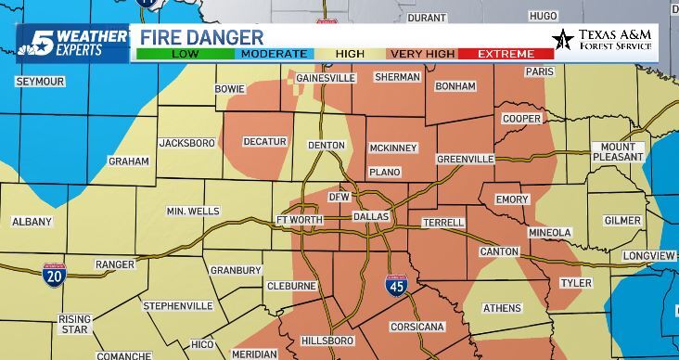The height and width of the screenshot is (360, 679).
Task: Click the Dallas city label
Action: [x=371, y=216]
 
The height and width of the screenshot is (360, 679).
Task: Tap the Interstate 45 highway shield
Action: [x=395, y=287]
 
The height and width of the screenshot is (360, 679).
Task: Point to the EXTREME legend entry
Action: [x=506, y=54]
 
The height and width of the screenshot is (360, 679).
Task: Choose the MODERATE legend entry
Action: [x=275, y=54]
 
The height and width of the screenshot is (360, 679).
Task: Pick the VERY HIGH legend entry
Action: [x=422, y=54]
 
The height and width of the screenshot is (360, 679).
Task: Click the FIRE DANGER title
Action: [x=202, y=37]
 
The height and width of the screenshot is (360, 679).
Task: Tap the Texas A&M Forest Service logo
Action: [x=601, y=40]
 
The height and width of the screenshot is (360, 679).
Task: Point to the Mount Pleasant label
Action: [x=618, y=152]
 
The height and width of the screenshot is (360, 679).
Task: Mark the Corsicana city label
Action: [x=418, y=327]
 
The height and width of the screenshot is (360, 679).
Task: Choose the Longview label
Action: [x=648, y=255]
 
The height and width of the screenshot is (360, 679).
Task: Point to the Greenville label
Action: [x=466, y=160]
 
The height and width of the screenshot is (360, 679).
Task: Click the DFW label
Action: [x=339, y=197]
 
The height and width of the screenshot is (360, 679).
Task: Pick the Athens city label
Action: [x=502, y=308]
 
